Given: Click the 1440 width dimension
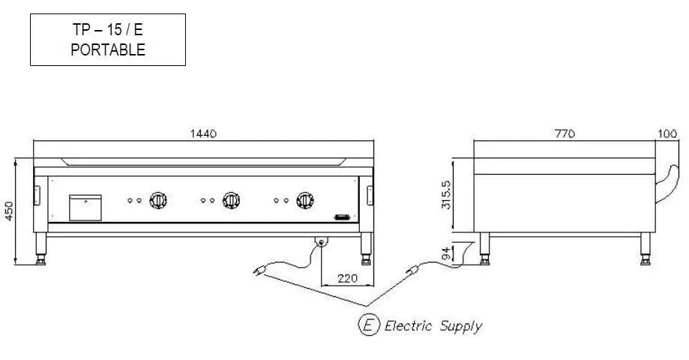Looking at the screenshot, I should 203,133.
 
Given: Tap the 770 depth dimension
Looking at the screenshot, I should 565,133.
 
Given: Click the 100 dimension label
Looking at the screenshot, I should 667,133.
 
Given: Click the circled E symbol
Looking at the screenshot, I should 368,325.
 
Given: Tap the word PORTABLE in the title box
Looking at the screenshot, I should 108,49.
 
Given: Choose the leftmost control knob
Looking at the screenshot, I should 159,200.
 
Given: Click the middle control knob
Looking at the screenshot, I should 232,200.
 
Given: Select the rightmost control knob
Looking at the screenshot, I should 304,200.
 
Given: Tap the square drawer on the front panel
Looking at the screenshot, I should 85,208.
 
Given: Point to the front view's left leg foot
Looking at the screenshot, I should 42,260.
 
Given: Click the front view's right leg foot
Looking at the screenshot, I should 367,260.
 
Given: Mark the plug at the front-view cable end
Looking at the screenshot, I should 263,268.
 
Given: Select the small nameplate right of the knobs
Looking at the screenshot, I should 343,217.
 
